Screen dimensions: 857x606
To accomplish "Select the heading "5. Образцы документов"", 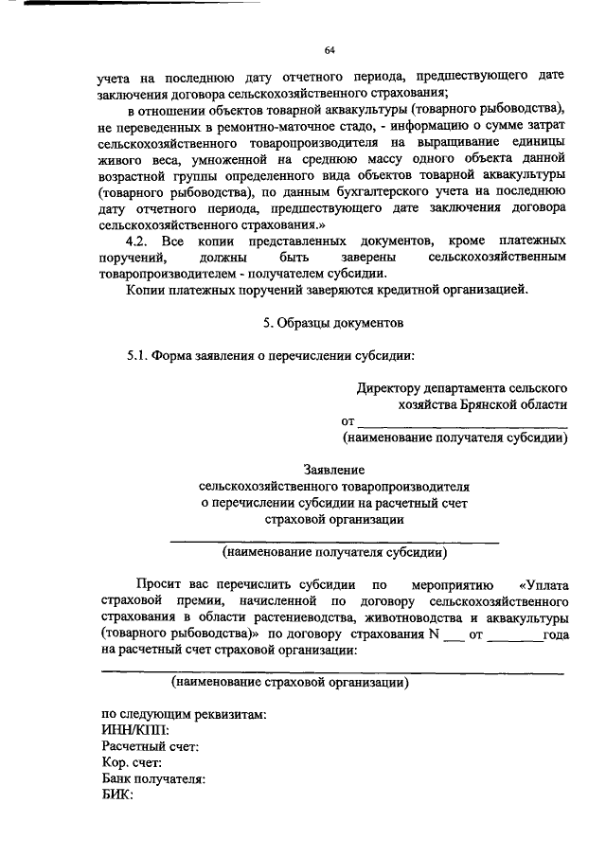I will click(332, 323).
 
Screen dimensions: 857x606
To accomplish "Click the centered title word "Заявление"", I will click(333, 469).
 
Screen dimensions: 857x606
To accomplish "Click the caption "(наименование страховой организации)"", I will click(290, 682).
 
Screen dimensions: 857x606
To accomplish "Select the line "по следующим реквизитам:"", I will click(183, 714).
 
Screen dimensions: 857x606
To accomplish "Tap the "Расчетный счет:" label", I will click(150, 746).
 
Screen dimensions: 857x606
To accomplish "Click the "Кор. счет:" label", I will click(133, 762).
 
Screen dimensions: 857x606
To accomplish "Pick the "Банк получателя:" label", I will click(153, 778).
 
